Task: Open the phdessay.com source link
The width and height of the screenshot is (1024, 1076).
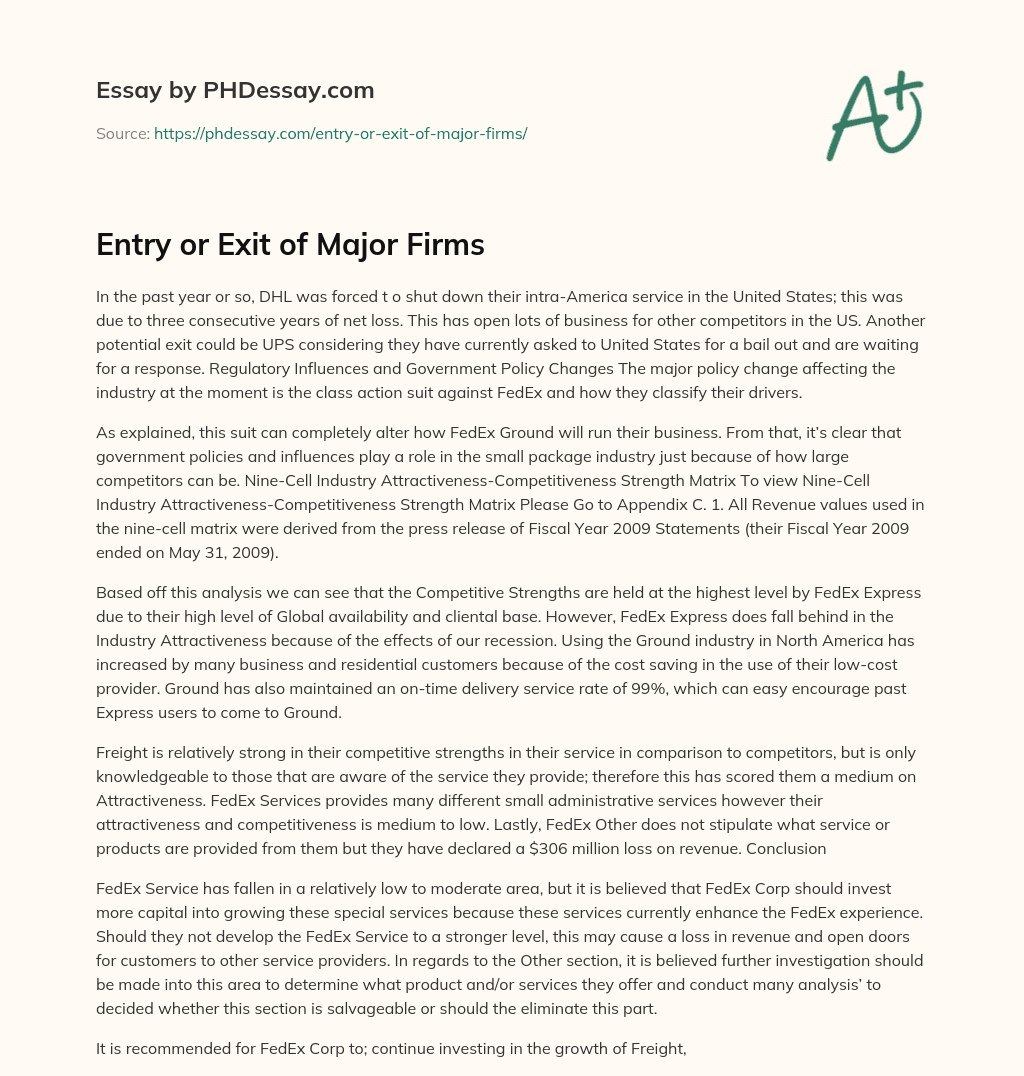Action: (340, 133)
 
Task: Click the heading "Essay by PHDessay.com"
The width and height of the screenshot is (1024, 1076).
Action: (235, 91)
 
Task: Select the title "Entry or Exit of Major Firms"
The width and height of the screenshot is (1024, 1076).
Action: (290, 245)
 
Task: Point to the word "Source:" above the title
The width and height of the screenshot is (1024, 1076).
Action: (122, 133)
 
